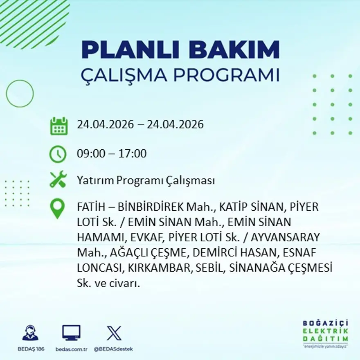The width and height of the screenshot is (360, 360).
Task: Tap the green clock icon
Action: point(58,154)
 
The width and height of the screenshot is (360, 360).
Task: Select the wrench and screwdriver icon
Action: point(58,180)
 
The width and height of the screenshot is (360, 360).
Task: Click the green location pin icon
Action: point(57,208)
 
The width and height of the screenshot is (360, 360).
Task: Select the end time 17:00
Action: point(133,154)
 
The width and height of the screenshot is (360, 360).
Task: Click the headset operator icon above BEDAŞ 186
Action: point(30,333)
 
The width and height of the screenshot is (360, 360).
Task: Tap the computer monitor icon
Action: point(71,333)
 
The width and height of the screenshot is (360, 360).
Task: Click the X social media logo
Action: point(114,333)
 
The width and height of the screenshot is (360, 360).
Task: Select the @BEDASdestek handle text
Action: point(113,349)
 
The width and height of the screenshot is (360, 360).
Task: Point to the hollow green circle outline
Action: point(20,94)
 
